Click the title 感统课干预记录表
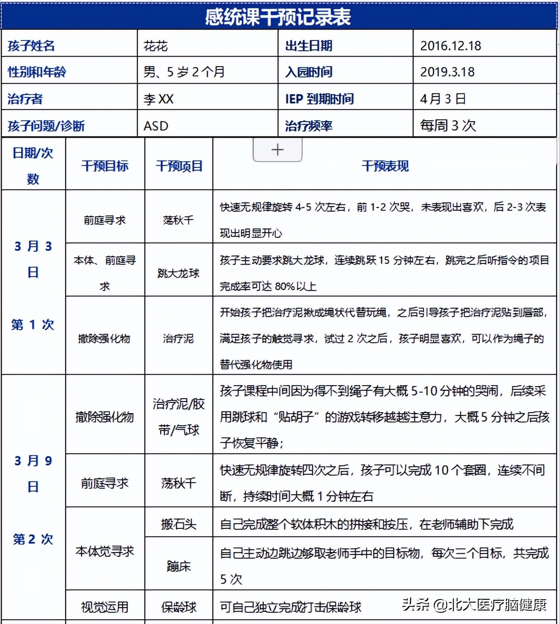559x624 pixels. click(x=278, y=17)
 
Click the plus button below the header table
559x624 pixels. click(x=278, y=150)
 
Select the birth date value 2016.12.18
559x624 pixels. click(x=450, y=46)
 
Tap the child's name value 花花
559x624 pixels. click(x=156, y=46)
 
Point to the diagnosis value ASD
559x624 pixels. click(x=156, y=126)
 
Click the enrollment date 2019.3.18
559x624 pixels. click(x=447, y=72)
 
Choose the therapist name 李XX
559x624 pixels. click(x=158, y=99)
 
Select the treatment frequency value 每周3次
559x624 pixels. click(x=448, y=125)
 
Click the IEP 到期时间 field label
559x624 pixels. click(x=319, y=99)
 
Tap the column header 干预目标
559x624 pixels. click(x=105, y=166)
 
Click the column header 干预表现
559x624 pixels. click(x=385, y=166)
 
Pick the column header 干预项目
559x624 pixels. click(x=179, y=166)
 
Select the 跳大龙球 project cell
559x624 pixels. click(x=178, y=273)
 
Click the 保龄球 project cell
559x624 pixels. click(x=178, y=607)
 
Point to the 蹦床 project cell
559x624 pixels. click(x=178, y=566)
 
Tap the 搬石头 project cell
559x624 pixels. click(x=178, y=524)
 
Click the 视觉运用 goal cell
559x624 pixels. click(x=105, y=607)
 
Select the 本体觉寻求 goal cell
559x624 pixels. click(x=105, y=551)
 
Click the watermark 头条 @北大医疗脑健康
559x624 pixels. click(x=474, y=605)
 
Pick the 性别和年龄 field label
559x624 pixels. click(x=37, y=72)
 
